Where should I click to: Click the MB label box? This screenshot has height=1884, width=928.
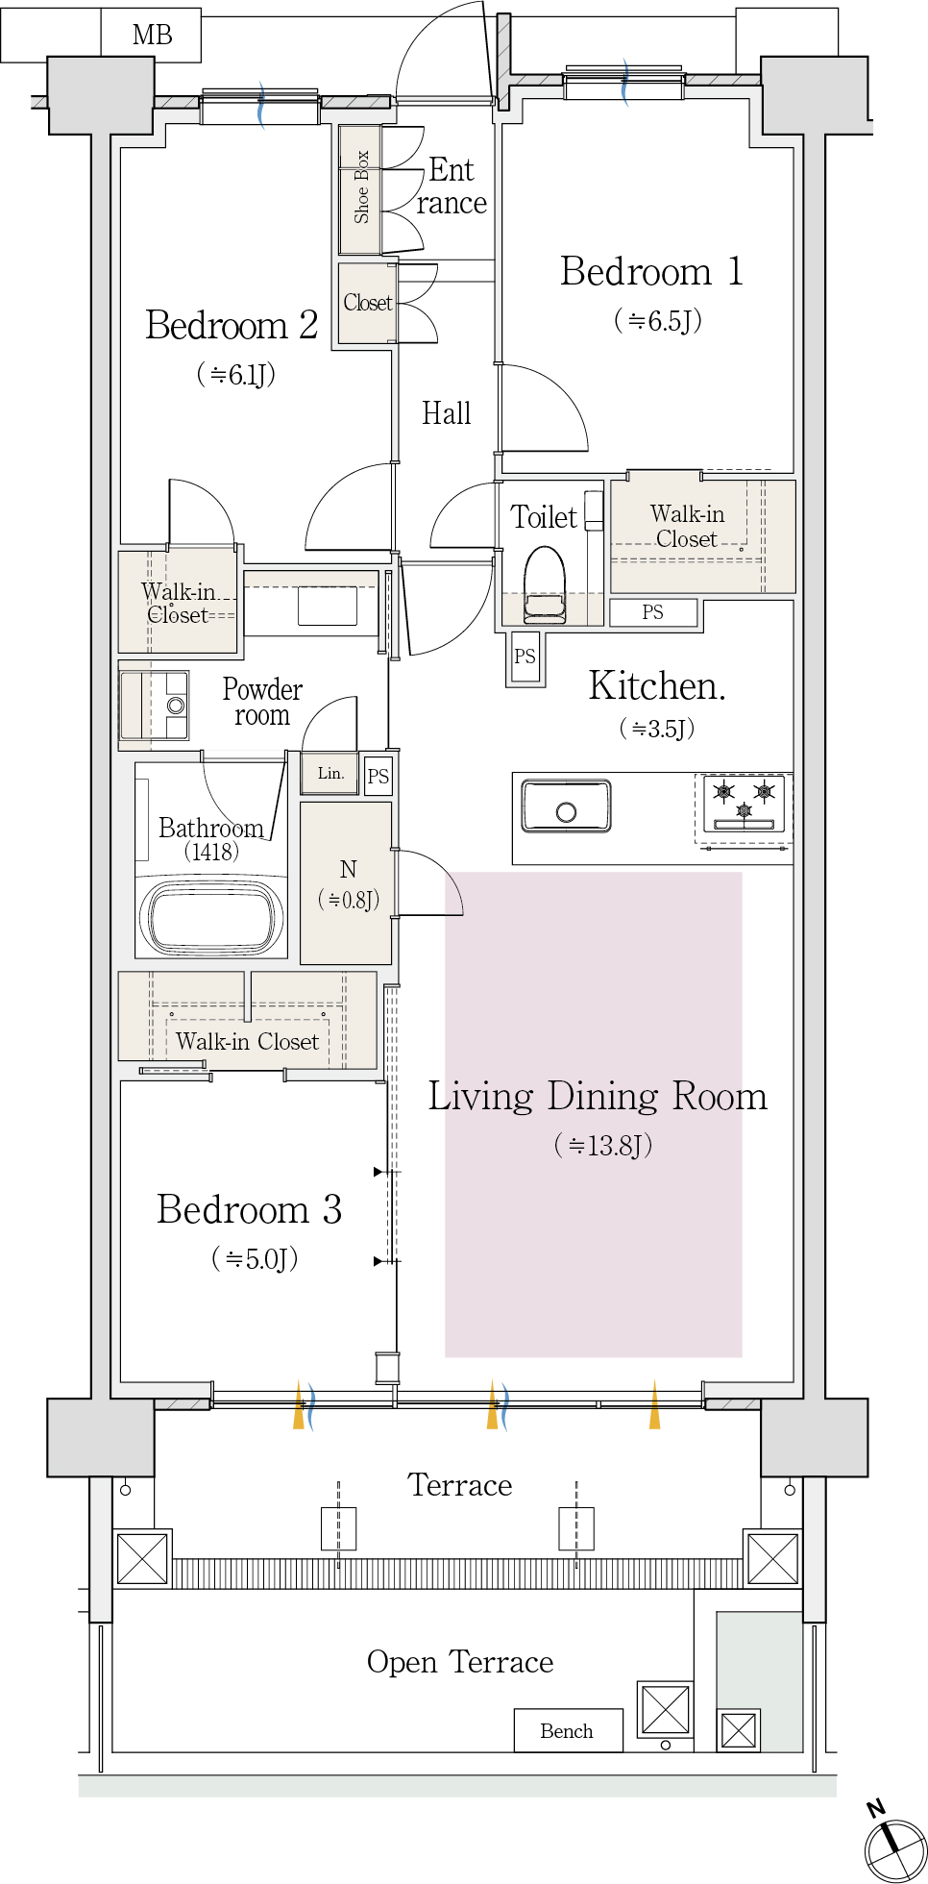(151, 36)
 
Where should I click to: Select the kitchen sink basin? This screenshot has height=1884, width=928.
(567, 806)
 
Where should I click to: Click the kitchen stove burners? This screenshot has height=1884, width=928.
(745, 803)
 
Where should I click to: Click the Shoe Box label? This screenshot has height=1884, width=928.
(361, 186)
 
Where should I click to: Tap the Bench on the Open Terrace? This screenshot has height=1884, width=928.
(568, 1730)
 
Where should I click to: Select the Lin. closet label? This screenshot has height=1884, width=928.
(330, 773)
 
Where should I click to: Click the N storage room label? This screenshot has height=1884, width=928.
(348, 869)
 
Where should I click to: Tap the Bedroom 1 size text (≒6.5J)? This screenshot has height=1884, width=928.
(658, 320)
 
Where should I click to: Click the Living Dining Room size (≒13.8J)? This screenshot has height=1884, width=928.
(603, 1145)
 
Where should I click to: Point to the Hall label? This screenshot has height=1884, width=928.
(447, 413)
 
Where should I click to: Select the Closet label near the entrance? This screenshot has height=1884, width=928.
(368, 303)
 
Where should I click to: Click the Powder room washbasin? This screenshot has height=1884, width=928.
(176, 706)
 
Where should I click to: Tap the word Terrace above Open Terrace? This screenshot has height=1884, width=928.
(460, 1485)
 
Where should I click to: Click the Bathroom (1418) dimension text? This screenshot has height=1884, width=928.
(211, 852)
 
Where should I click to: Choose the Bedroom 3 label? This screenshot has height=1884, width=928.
(250, 1209)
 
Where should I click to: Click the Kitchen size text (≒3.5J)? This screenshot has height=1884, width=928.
(657, 729)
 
